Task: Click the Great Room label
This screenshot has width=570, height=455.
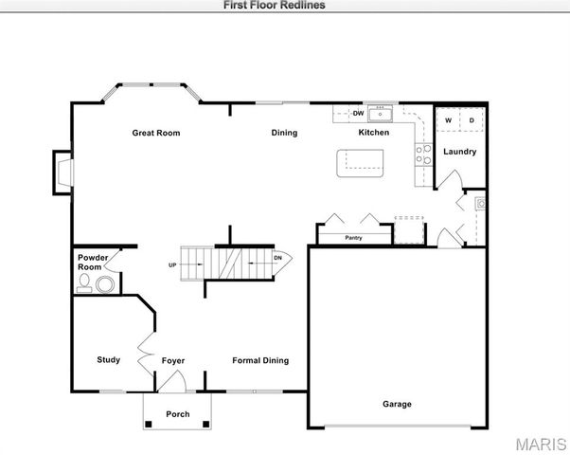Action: click(x=155, y=133)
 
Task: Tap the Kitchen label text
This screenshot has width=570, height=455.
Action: click(x=373, y=133)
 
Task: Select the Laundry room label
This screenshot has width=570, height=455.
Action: click(x=459, y=152)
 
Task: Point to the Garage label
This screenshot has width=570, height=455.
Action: click(x=397, y=404)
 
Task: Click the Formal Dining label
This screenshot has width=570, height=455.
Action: click(x=260, y=360)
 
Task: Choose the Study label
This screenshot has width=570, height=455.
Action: click(x=109, y=359)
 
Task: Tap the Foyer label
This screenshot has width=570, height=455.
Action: click(x=172, y=360)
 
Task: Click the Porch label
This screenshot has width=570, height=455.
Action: click(x=177, y=414)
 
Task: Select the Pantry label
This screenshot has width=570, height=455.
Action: click(x=354, y=238)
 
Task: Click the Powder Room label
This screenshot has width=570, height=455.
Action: click(x=92, y=263)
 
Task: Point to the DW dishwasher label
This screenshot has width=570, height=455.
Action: click(x=358, y=114)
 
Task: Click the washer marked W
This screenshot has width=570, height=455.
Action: click(x=448, y=120)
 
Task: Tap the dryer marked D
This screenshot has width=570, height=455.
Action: click(x=472, y=120)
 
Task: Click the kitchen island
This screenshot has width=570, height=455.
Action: click(x=363, y=164)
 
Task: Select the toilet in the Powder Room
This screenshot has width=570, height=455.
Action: click(x=86, y=284)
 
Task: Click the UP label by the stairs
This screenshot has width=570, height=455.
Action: click(x=172, y=264)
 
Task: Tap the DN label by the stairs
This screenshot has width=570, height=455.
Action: click(x=277, y=258)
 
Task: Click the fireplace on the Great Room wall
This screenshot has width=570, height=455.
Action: click(x=62, y=173)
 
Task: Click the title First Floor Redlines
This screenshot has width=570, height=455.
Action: click(x=275, y=5)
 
